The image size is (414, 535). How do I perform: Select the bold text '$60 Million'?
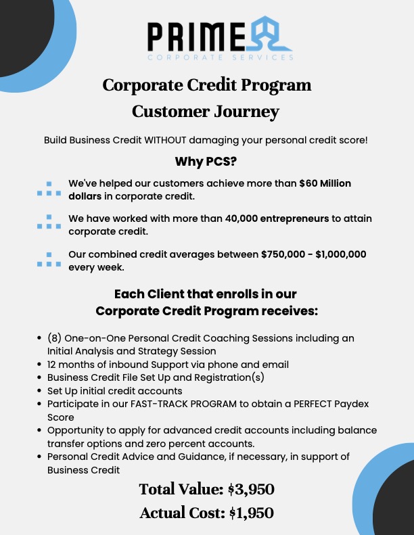325,183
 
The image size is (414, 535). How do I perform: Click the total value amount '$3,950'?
250,489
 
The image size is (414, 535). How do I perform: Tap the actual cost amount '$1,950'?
250,513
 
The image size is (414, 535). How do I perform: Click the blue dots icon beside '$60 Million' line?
48,189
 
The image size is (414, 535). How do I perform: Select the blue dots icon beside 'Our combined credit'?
48,260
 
